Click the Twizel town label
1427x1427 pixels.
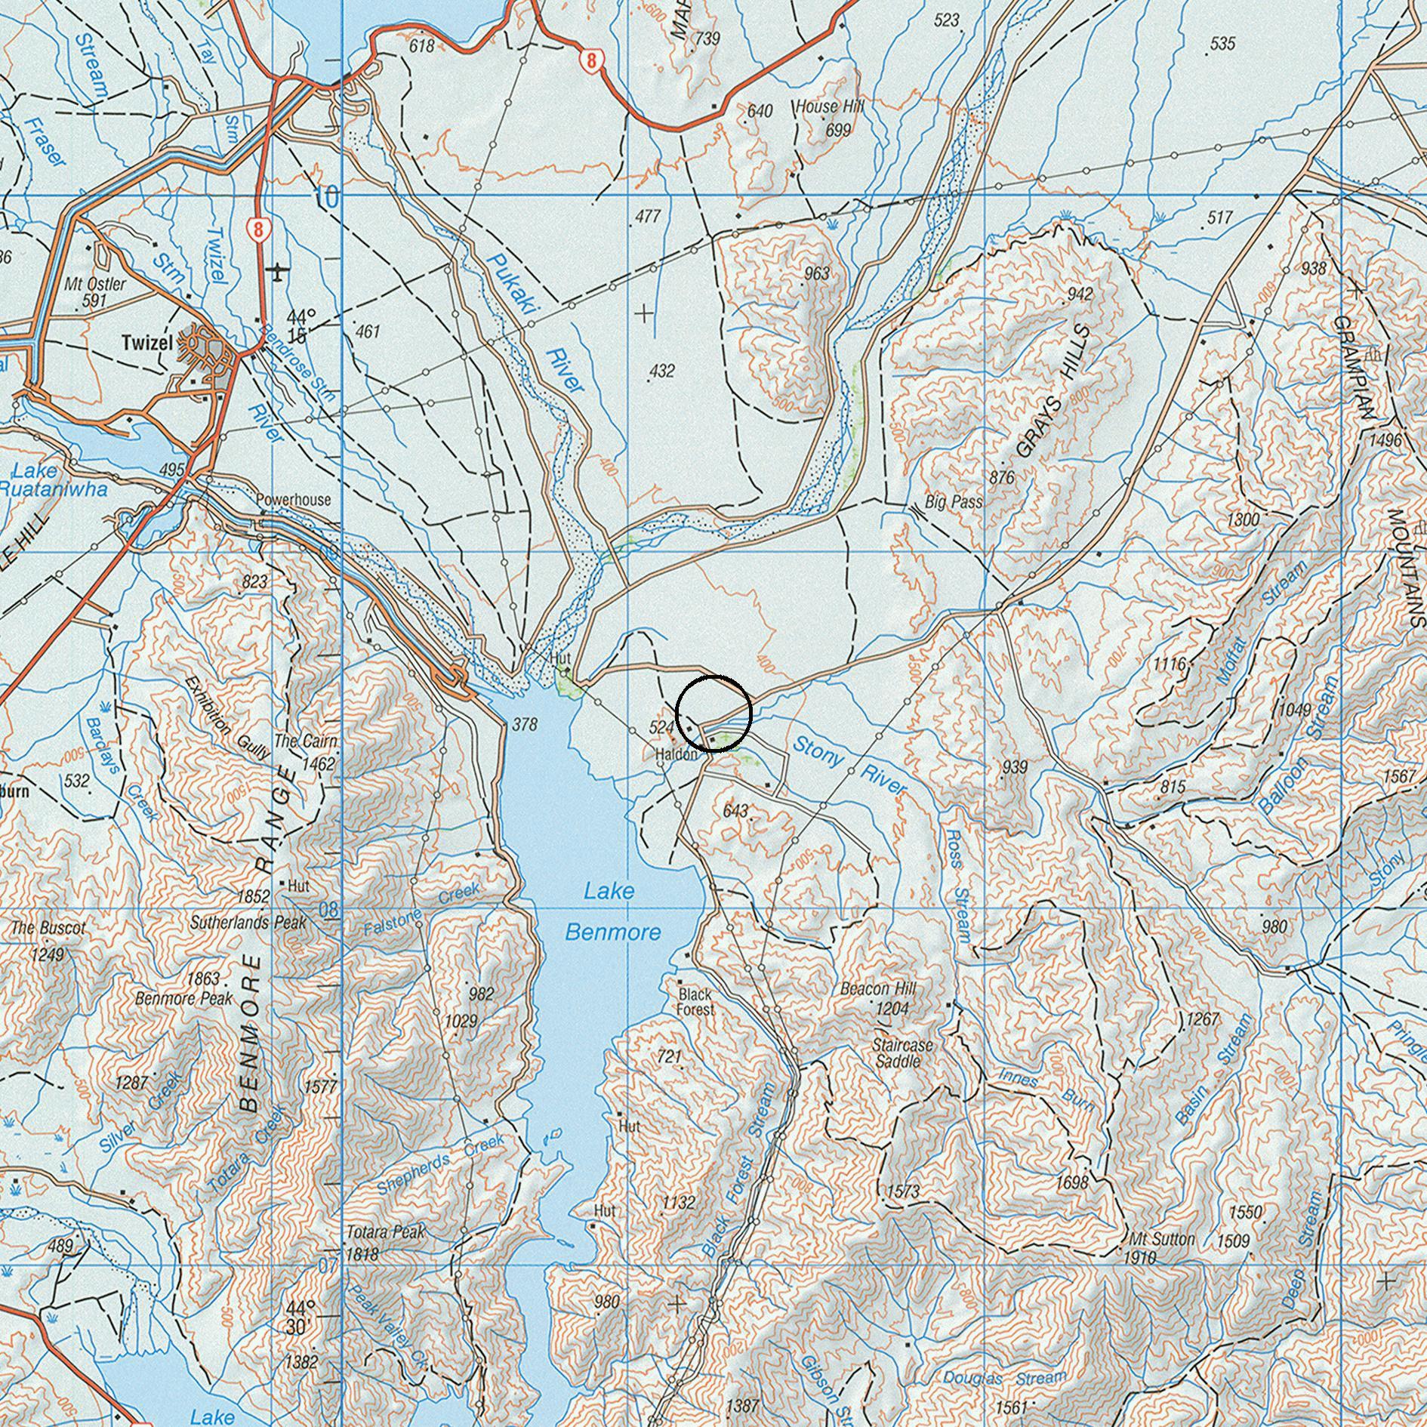pos(146,343)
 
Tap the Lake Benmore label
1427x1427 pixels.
pos(612,911)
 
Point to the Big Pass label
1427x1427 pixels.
pos(954,502)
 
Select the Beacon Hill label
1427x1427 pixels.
pos(877,988)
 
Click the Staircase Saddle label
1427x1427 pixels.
pos(902,1053)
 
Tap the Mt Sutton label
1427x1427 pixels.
pos(1161,1239)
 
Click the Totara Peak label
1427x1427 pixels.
pos(386,1231)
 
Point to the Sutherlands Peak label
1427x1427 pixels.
pos(248,922)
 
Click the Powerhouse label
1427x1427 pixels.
pos(293,500)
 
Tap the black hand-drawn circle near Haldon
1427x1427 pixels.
pos(713,713)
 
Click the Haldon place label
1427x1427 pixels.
pos(677,754)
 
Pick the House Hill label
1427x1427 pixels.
pos(828,106)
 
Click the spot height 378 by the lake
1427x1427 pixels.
pos(524,725)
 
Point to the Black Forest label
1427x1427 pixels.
pos(695,1001)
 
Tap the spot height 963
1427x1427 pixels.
pos(817,273)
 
